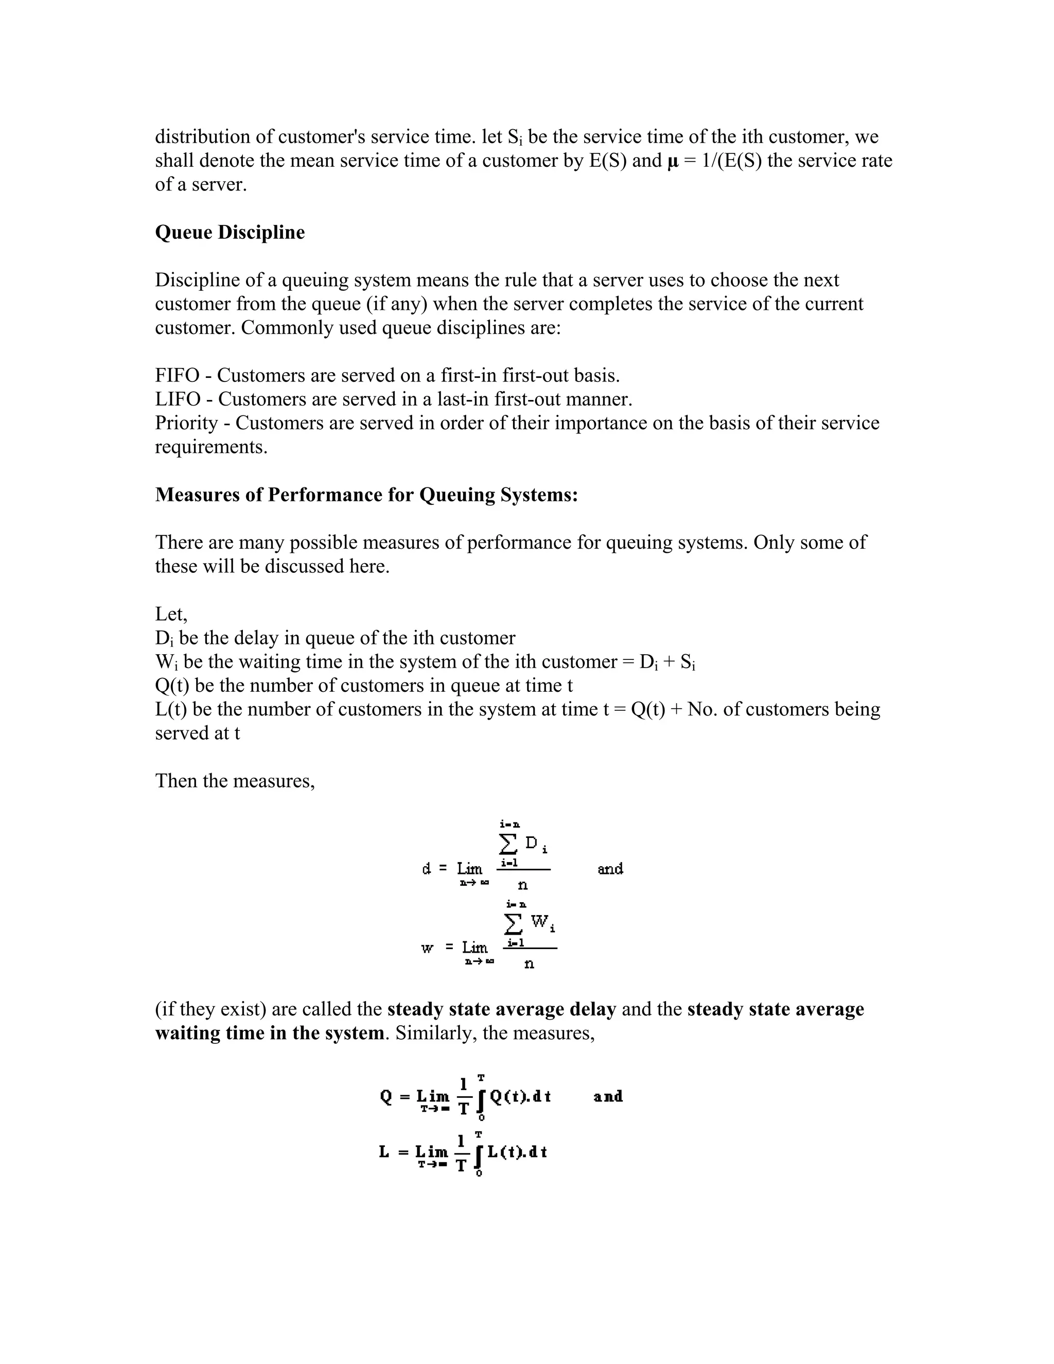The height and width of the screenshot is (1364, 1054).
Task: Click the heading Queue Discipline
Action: point(230,232)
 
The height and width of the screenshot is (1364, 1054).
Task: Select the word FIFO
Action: point(177,375)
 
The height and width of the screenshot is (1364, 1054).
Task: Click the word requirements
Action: point(211,447)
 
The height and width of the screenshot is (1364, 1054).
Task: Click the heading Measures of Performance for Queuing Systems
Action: point(366,495)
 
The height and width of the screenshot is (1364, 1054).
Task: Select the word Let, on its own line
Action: point(170,614)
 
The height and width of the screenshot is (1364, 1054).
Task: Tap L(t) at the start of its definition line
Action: point(170,709)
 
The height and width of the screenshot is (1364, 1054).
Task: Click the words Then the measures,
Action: point(235,781)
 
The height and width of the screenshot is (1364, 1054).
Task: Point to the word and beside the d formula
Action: point(610,869)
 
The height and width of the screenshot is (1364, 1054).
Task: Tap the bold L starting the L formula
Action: point(384,1151)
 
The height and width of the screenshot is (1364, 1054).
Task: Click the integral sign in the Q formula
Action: point(480,1100)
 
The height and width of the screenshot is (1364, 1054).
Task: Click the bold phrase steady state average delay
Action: point(501,1009)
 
